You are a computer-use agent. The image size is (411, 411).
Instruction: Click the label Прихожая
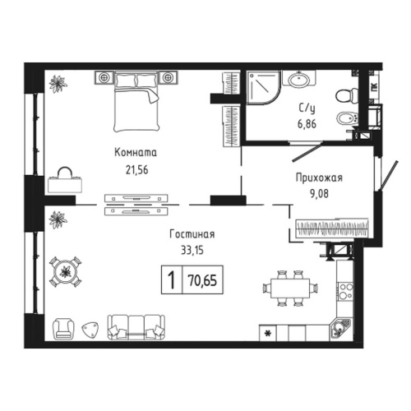point(317,178)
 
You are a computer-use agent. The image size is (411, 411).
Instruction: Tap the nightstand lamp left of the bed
point(105,77)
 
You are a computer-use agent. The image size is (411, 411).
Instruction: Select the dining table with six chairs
point(289,288)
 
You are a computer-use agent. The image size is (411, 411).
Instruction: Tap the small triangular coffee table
point(89,330)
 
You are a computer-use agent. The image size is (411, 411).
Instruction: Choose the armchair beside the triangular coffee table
point(63,329)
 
